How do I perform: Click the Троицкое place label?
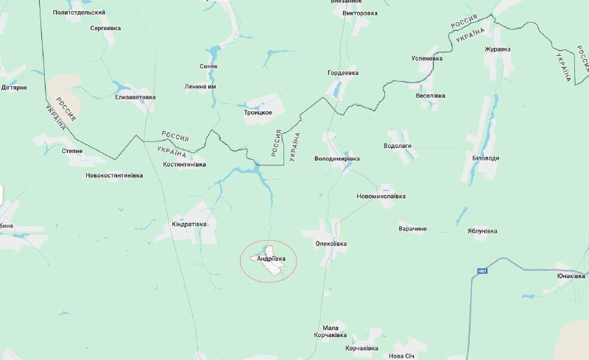pyautogui.click(x=258, y=112)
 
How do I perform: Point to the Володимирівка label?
pyautogui.click(x=336, y=158)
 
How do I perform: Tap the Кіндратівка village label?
pyautogui.click(x=185, y=224)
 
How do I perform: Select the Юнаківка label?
pyautogui.click(x=571, y=276)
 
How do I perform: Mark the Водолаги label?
pyautogui.click(x=398, y=146)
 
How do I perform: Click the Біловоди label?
pyautogui.click(x=485, y=158)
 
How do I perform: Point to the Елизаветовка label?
pyautogui.click(x=135, y=97)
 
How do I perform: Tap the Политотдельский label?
pyautogui.click(x=80, y=13)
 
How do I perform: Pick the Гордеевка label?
pyautogui.click(x=342, y=73)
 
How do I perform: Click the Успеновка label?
pyautogui.click(x=427, y=58)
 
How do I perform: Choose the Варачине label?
pyautogui.click(x=412, y=229)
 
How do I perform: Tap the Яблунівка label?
pyautogui.click(x=482, y=230)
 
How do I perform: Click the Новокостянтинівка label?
pyautogui.click(x=114, y=175)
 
